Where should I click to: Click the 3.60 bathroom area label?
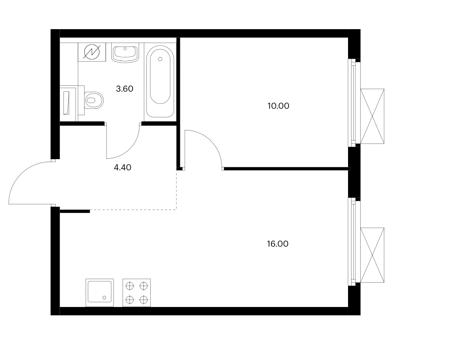coord(124,89)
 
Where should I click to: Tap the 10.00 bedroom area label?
coord(279,106)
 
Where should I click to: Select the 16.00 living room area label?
coord(278,244)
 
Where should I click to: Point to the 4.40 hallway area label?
coord(123,167)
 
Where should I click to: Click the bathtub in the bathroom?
coord(160,81)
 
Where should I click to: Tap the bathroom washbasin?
coord(125,54)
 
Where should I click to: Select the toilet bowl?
coord(94,100)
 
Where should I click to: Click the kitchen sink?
coord(100,293)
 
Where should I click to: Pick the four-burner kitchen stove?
coord(137,293)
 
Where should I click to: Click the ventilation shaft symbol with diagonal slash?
coord(92,52)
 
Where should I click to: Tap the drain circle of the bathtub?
coord(160,59)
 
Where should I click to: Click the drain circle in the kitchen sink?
coord(104,297)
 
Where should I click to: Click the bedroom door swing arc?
coord(211,141)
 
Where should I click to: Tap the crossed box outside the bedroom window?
coord(372,116)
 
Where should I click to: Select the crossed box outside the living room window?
coord(372,255)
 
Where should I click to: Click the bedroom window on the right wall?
coord(353,103)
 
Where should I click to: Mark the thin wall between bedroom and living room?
coord(286,169)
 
